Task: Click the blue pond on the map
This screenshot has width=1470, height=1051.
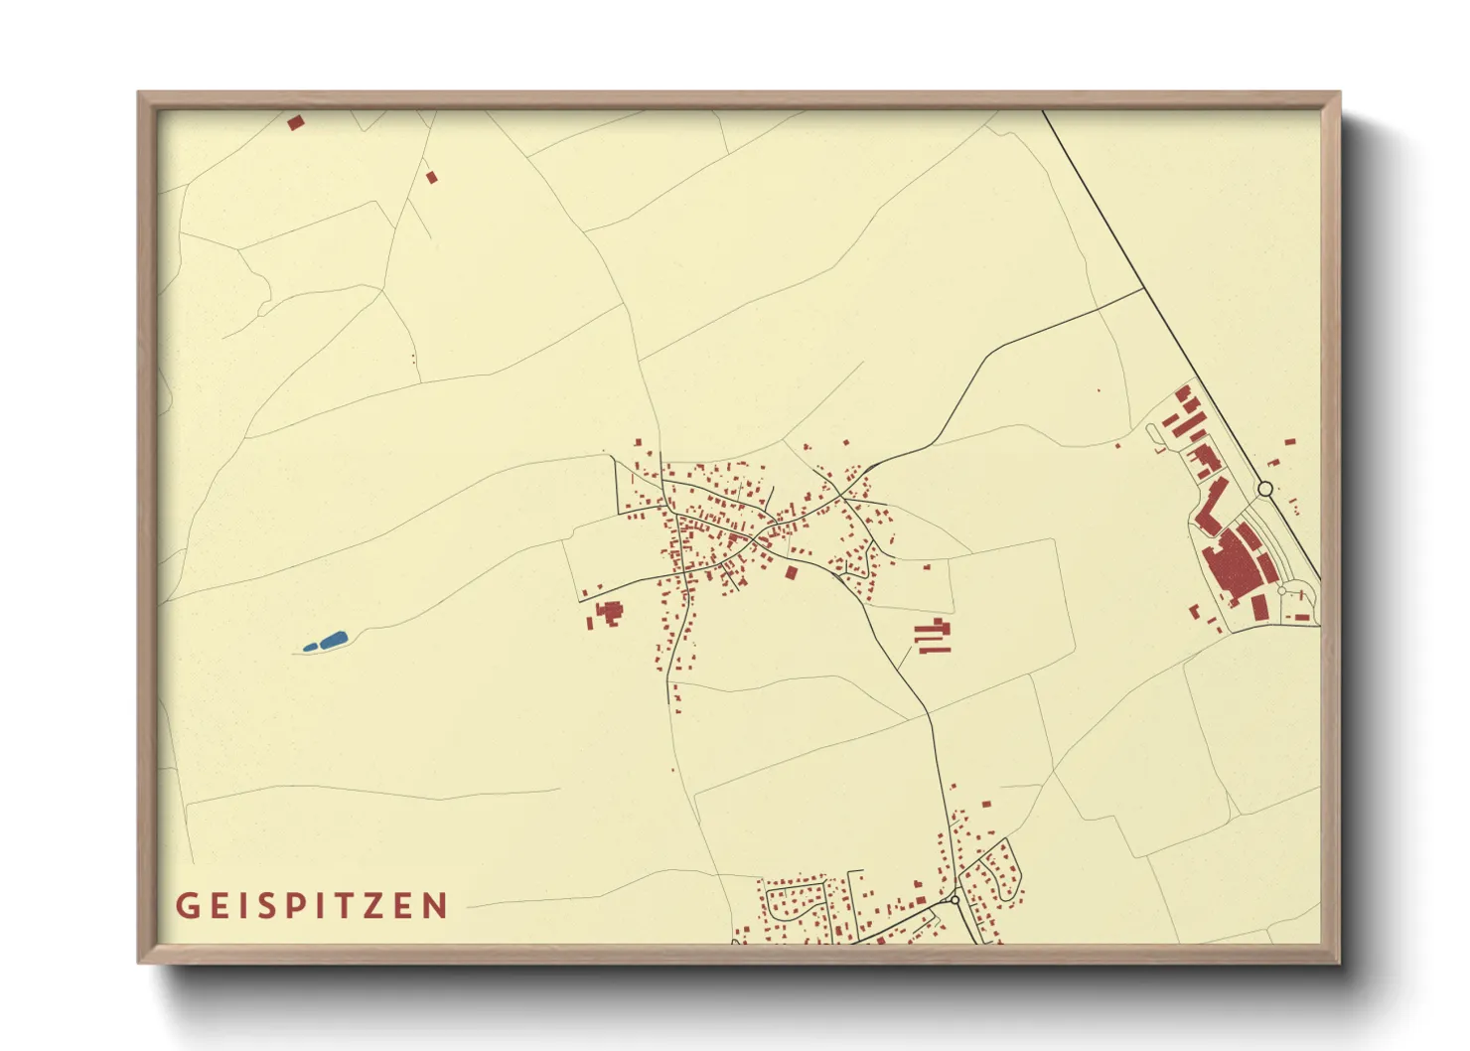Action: coord(327,642)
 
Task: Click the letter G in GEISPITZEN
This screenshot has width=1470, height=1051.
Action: coord(186,906)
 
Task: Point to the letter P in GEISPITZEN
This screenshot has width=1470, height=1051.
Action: coord(290,906)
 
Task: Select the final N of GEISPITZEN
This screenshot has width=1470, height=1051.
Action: coord(435,906)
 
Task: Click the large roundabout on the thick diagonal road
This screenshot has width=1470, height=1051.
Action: coord(1264,489)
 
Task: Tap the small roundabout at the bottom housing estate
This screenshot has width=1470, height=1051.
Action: coord(955,900)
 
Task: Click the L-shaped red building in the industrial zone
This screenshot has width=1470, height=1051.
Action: coord(1209,508)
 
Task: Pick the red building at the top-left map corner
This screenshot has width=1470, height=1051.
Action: coord(295,123)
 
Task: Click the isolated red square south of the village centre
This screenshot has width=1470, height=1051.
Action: coord(791,572)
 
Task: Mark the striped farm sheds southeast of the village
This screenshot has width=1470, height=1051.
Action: coord(933,636)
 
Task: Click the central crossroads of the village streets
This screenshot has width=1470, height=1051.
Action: coord(758,537)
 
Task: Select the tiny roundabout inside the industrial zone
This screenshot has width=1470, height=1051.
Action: coord(1281,591)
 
